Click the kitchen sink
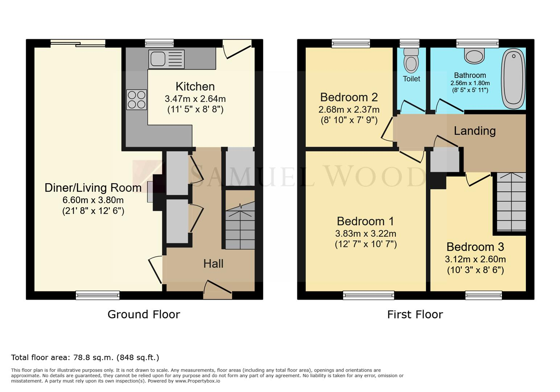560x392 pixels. tap(166, 59)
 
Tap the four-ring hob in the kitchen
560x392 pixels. tap(136, 99)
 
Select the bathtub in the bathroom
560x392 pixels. tap(513, 78)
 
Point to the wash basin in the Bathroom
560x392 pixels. tap(474, 56)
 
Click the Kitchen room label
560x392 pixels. tap(195, 86)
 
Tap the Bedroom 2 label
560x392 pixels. tap(349, 97)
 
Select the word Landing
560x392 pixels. tap(475, 131)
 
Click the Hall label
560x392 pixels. tap(213, 264)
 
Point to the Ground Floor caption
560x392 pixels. tap(144, 314)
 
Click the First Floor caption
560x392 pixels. tap(415, 314)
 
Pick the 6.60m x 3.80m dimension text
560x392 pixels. tap(93, 200)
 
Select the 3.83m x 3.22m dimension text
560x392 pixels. tap(366, 234)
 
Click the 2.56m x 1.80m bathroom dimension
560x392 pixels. tap(470, 83)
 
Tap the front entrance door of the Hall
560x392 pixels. tap(218, 290)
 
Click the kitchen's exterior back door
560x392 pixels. tap(237, 49)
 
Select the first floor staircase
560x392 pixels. tap(511, 202)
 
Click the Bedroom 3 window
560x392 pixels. tap(483, 295)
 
